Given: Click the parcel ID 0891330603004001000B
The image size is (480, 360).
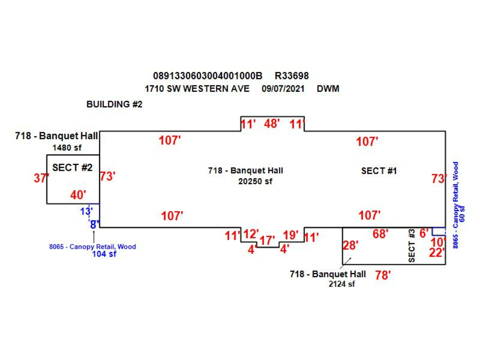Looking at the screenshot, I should tap(207, 76).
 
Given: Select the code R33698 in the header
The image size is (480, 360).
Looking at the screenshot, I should tap(292, 76).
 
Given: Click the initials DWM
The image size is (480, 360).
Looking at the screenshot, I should tap(328, 89).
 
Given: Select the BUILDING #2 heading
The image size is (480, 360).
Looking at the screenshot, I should tap(114, 105).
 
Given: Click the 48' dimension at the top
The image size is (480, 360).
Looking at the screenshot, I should tap(272, 124).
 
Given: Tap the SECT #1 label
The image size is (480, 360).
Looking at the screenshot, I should tap(379, 171).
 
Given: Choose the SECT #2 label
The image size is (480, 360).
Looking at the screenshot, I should tap(73, 167).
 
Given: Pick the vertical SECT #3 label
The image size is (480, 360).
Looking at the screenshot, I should tap(411, 245).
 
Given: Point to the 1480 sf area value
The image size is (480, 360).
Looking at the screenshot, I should tap(67, 147).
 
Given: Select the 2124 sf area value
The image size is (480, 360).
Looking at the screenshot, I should tap(341, 284).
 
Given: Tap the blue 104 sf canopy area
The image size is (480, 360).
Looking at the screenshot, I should tap(104, 254).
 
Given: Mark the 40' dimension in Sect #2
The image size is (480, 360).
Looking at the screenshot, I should tap(78, 195).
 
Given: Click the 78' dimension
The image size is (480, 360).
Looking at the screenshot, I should tap(383, 275).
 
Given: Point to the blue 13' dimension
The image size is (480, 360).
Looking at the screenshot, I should tap(86, 211).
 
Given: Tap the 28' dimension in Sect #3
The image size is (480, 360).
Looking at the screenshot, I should tap(350, 245).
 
